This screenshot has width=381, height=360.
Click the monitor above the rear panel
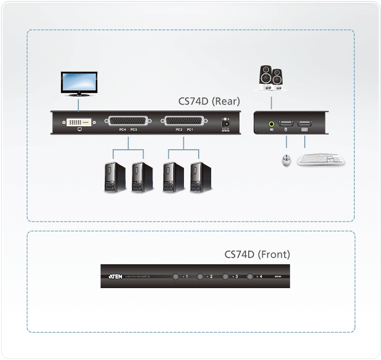79,83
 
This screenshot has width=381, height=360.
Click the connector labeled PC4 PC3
128,121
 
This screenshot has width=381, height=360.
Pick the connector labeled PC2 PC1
183,121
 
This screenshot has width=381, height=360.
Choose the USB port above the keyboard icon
305,124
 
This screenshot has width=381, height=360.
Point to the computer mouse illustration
285,161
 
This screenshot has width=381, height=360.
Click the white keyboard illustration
321,160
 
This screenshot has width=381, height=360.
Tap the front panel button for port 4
250,277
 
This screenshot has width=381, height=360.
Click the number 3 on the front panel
237,277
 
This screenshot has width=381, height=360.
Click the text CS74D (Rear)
209,101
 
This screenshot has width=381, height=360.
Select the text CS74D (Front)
257,254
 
